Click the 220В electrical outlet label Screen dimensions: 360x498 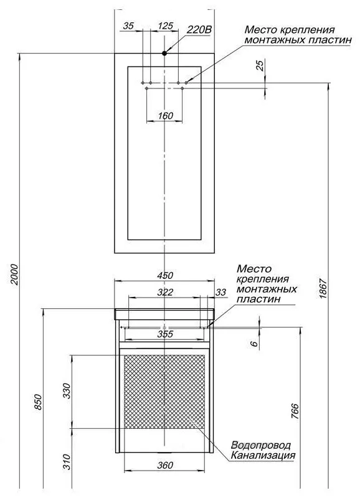coord(199,30)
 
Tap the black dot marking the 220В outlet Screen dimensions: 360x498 coord(164,54)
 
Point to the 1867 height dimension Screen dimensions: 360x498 coord(323,288)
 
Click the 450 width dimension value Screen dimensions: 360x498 coord(165,275)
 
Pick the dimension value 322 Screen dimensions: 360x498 coord(165,292)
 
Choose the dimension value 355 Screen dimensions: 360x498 coord(165,334)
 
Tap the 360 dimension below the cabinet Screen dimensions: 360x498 coord(165,465)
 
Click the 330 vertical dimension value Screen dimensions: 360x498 coord(67,391)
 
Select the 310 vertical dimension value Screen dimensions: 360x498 coord(67,461)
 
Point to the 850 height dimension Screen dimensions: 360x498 coord(38,402)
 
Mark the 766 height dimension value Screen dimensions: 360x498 coord(295,411)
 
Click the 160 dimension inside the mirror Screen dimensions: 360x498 coord(165,116)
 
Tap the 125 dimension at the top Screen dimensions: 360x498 coord(165,26)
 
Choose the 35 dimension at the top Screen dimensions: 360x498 coord(128,26)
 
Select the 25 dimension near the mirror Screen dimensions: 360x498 coord(260,65)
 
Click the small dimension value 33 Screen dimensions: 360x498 coord(220,292)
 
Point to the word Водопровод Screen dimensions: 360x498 coord(260,445)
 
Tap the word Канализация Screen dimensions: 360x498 coord(263,456)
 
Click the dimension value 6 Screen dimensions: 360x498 coord(254,344)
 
